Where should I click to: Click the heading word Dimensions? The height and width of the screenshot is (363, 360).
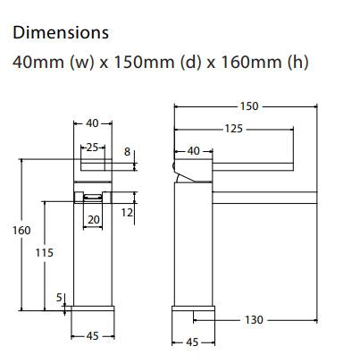[x=59, y=33]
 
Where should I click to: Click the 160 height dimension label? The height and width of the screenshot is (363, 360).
[x=21, y=231]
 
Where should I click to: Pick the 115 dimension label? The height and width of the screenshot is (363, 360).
[x=45, y=253]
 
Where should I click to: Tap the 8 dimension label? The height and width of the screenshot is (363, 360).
[x=128, y=153]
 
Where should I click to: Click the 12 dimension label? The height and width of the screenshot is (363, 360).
[x=127, y=212]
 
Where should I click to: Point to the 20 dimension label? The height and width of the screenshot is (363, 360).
[x=93, y=218]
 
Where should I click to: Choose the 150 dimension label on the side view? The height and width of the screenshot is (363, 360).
[x=249, y=106]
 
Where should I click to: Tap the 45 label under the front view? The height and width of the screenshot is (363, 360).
[x=92, y=337]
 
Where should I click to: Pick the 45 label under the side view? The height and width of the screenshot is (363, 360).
[x=192, y=342]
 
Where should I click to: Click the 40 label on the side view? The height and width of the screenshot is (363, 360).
[x=194, y=151]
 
